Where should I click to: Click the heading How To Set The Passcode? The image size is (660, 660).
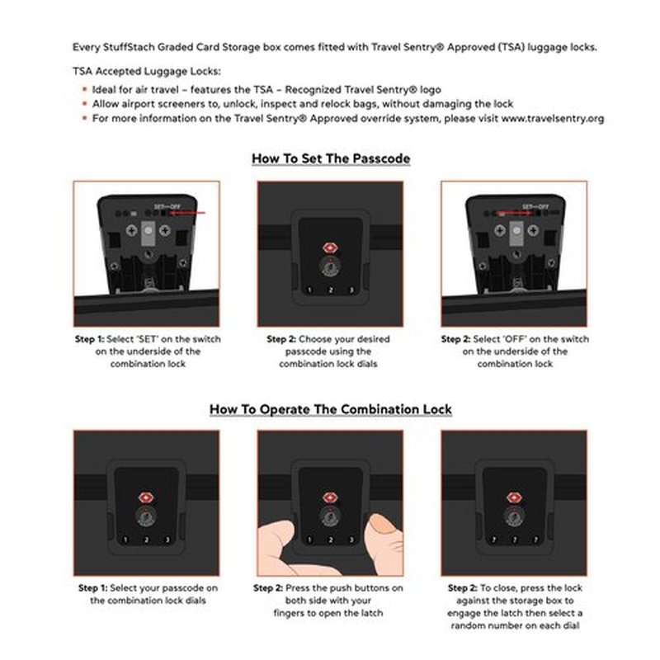pyautogui.click(x=331, y=158)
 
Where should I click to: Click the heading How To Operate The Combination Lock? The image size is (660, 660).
pyautogui.click(x=331, y=409)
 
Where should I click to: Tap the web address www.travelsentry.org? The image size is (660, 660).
pyautogui.click(x=553, y=118)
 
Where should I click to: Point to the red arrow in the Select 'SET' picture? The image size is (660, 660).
pyautogui.click(x=187, y=213)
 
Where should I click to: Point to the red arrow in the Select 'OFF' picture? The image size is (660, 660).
pyautogui.click(x=515, y=213)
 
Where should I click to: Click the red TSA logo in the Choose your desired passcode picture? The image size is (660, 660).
pyautogui.click(x=330, y=248)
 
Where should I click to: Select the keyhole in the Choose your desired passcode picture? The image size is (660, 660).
pyautogui.click(x=330, y=266)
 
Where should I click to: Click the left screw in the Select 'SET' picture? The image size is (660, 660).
pyautogui.click(x=132, y=230)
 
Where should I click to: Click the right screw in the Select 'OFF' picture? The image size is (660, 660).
pyautogui.click(x=533, y=230)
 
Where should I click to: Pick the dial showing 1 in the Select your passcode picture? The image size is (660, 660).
pyautogui.click(x=125, y=540)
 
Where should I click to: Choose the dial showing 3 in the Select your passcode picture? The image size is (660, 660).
pyautogui.click(x=167, y=540)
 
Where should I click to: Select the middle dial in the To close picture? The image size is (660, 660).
pyautogui.click(x=514, y=540)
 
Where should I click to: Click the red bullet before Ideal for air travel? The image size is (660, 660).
pyautogui.click(x=85, y=89)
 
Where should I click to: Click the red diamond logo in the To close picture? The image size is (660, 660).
pyautogui.click(x=514, y=497)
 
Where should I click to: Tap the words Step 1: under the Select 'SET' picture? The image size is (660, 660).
pyautogui.click(x=89, y=339)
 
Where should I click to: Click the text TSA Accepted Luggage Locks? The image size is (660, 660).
pyautogui.click(x=147, y=71)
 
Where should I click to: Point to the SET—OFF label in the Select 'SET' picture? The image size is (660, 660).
pyautogui.click(x=167, y=207)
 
